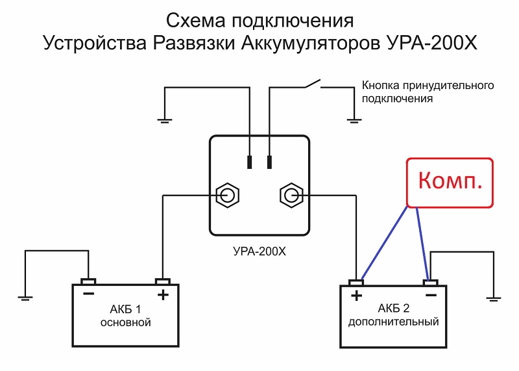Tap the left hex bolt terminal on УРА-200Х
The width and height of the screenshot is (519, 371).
227,195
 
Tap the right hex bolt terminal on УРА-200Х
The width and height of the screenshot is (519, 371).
290,195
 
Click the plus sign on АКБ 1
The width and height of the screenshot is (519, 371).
163,295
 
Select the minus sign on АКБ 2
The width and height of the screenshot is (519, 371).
429,296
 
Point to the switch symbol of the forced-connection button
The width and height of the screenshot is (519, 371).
311,84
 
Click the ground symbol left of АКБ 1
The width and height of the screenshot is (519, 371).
25,298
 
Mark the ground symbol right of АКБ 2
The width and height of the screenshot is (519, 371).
494,298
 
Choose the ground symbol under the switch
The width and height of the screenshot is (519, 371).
353,120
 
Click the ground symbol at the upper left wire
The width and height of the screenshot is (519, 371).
165,120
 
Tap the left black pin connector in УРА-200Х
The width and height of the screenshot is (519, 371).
249,162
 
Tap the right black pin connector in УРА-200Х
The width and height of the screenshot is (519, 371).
269,162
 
